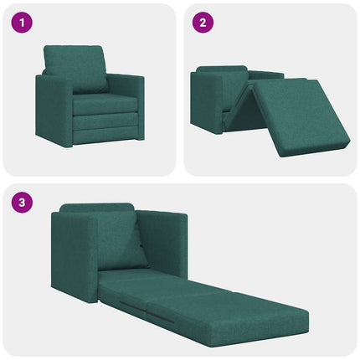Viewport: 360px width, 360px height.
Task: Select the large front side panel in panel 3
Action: click(x=75, y=260)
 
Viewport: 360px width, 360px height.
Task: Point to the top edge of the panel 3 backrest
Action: click(x=96, y=206)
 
